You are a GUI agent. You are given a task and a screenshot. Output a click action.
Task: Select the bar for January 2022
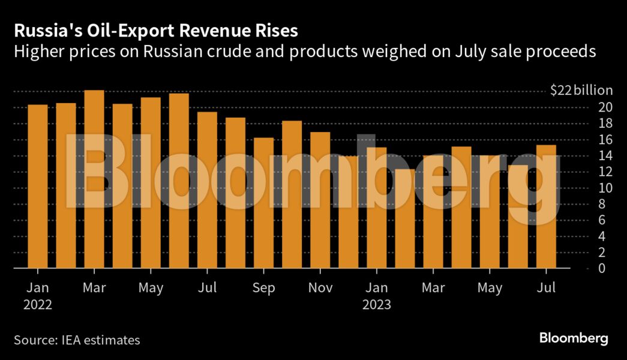tap(38, 186)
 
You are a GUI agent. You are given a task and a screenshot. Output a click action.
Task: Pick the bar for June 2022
tap(179, 180)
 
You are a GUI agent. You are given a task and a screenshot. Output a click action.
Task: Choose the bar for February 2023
tap(405, 218)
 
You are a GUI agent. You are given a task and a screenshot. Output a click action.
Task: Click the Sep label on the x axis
tap(263, 289)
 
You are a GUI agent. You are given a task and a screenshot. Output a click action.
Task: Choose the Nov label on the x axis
tap(320, 289)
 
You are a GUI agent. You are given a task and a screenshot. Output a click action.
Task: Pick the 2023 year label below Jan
tap(376, 305)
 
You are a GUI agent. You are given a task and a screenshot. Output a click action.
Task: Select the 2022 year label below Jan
tap(38, 305)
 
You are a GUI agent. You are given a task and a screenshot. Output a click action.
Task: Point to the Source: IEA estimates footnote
tap(77, 340)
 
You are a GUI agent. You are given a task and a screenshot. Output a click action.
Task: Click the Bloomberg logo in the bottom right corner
tap(574, 338)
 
